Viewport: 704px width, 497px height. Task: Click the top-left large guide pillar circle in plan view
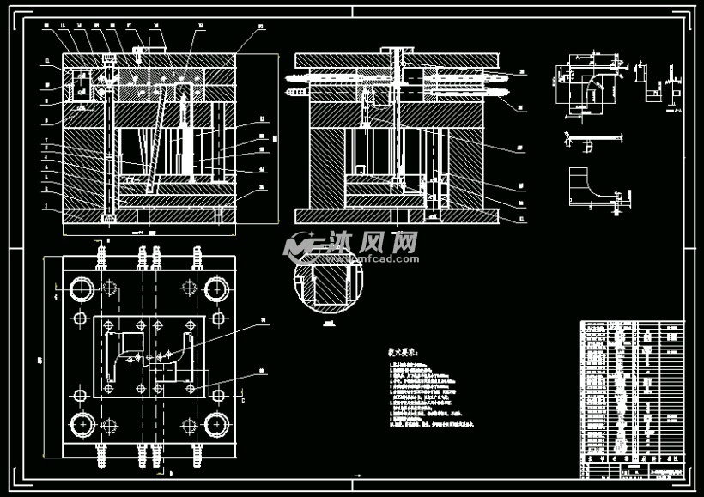[83, 288]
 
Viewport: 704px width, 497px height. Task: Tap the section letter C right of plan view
[243, 400]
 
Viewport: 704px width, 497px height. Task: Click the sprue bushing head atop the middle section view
[395, 52]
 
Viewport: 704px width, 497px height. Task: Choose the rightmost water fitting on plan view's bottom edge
[199, 452]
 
